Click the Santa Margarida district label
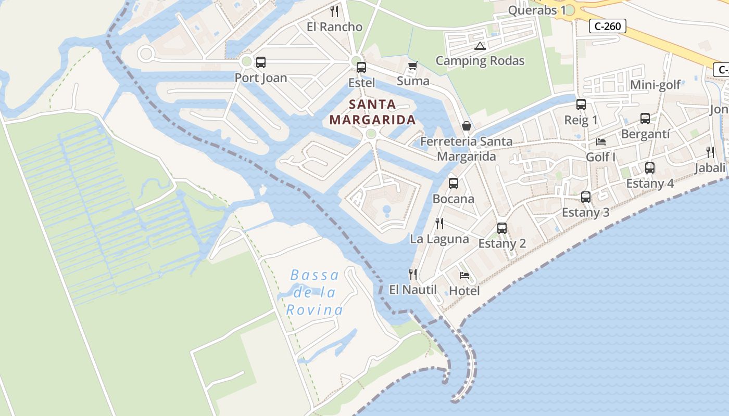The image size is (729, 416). [x=372, y=112]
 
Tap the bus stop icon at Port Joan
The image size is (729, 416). [x=261, y=62]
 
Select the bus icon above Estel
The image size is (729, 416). [x=361, y=68]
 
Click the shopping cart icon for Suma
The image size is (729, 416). [x=413, y=66]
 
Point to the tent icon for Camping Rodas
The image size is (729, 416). [x=480, y=46]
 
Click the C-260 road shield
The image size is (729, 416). [x=607, y=26]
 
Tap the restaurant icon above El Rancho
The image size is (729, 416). [x=334, y=11]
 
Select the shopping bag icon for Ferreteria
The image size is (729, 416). [x=466, y=126]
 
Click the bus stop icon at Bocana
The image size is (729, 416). [x=454, y=184]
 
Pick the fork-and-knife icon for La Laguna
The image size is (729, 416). [x=439, y=224]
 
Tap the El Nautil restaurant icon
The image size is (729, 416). [x=413, y=274]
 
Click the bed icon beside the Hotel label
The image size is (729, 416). [x=464, y=276]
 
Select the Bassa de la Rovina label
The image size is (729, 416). [x=315, y=293]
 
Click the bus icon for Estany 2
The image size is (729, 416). [x=502, y=228]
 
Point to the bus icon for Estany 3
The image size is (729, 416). [x=586, y=197]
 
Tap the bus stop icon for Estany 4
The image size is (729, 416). [x=649, y=168]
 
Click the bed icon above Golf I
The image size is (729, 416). [x=601, y=141]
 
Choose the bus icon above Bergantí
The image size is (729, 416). [x=645, y=119]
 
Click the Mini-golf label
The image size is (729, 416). [x=655, y=85]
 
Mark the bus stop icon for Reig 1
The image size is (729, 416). [x=581, y=105]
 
